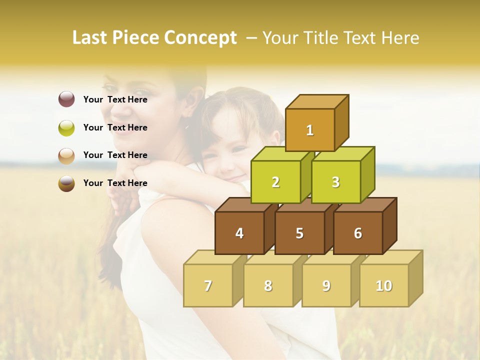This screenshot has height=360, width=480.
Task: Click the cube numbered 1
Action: [x=310, y=130]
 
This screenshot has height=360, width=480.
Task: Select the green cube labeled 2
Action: [x=275, y=182]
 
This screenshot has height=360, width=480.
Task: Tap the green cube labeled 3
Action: [x=335, y=182]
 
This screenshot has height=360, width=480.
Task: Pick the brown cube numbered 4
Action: [x=239, y=233]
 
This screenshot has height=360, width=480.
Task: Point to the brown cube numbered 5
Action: [x=299, y=233]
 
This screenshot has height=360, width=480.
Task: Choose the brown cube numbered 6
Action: [x=358, y=233]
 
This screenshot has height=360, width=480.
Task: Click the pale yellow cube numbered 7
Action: [x=208, y=285]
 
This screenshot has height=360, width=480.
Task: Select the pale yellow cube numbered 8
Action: [x=268, y=285]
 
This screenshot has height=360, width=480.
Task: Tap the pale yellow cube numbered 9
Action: [x=326, y=285]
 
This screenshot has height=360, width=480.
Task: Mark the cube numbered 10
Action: [x=383, y=285]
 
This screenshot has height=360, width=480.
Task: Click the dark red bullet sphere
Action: [x=66, y=99]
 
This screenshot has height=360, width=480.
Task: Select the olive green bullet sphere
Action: [x=66, y=127]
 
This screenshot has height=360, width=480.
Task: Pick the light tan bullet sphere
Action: [x=66, y=155]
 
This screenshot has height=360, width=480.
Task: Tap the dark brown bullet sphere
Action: [x=66, y=183]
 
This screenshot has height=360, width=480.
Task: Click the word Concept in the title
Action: [x=200, y=38]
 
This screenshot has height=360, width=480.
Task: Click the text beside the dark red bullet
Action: [x=115, y=99]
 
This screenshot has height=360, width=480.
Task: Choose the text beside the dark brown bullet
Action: [x=115, y=183]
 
